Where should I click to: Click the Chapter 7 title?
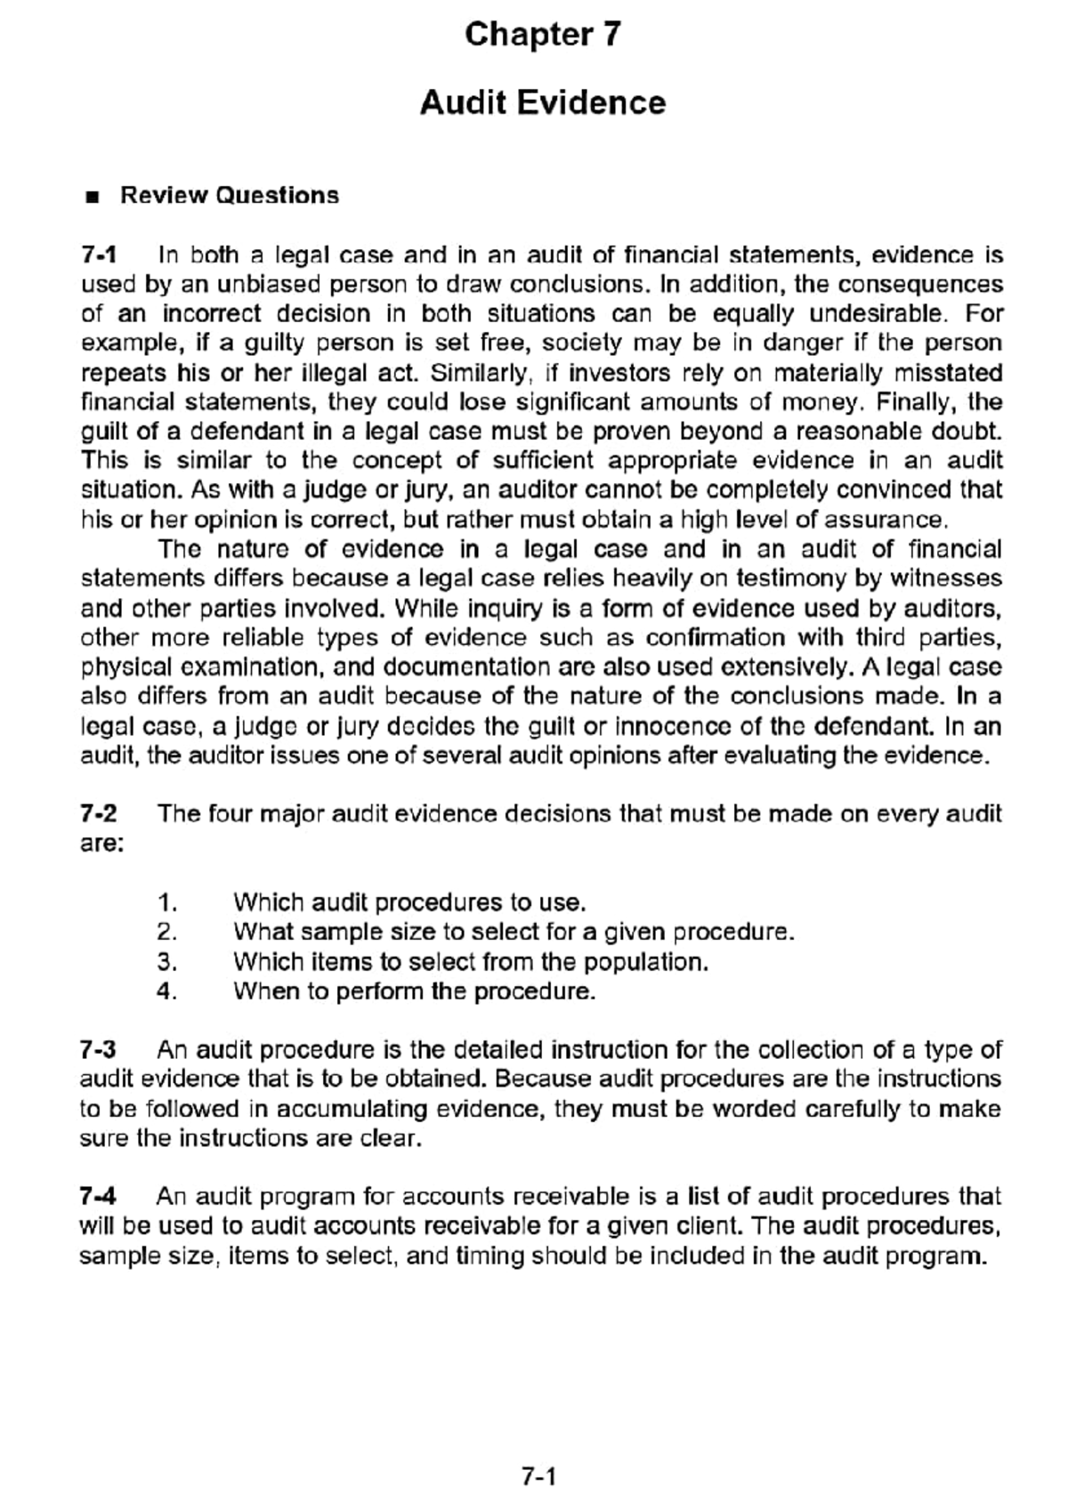point(542,36)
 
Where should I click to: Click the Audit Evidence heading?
point(542,103)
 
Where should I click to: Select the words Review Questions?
point(230,196)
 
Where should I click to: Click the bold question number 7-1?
point(98,255)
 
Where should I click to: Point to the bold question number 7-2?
point(98,813)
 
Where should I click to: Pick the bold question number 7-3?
point(98,1049)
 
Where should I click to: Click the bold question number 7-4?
point(98,1196)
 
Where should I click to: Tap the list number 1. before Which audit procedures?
point(167,902)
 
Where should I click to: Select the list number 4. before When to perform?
point(167,990)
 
